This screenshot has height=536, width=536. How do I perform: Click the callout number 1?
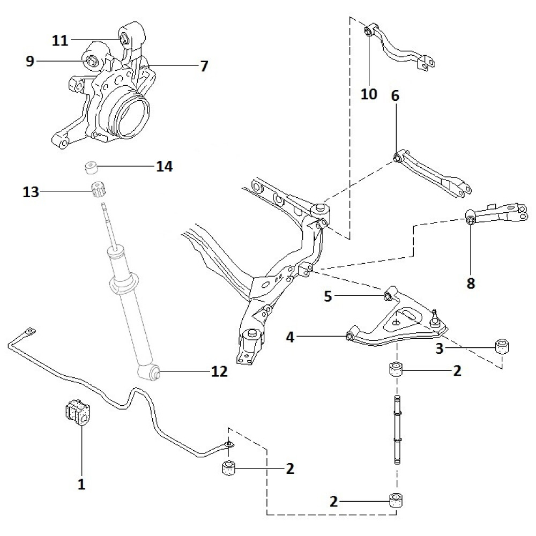pyautogui.click(x=81, y=485)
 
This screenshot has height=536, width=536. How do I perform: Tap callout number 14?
pyautogui.click(x=165, y=166)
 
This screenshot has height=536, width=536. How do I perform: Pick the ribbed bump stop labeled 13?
pyautogui.click(x=98, y=190)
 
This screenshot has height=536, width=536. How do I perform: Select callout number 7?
pyautogui.click(x=203, y=66)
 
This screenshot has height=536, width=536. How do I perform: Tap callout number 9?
pyautogui.click(x=30, y=61)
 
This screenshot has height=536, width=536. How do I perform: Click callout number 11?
pyautogui.click(x=60, y=40)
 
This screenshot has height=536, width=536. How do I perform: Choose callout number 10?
pyautogui.click(x=369, y=94)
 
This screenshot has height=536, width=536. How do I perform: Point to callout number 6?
pyautogui.click(x=395, y=96)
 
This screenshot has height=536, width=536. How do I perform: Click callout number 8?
pyautogui.click(x=471, y=283)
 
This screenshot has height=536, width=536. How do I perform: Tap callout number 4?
pyautogui.click(x=290, y=337)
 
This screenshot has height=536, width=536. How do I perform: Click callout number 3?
pyautogui.click(x=440, y=349)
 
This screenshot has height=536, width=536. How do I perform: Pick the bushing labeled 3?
pyautogui.click(x=502, y=346)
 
